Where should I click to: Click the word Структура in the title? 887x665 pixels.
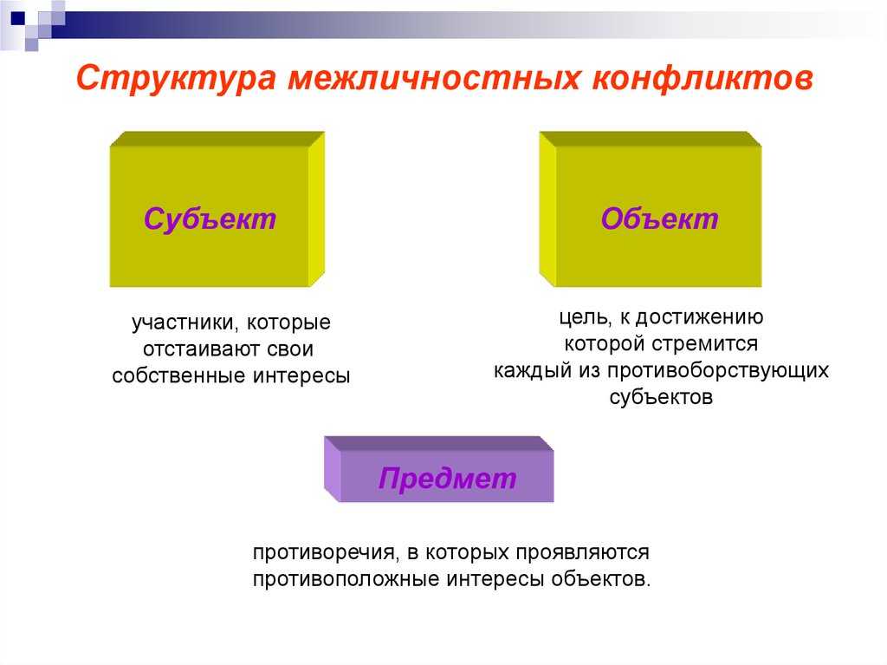(x=176, y=79)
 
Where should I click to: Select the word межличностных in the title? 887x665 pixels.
(x=434, y=78)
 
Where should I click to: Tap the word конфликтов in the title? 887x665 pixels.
(x=702, y=78)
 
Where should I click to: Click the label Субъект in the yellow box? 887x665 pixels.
(x=210, y=218)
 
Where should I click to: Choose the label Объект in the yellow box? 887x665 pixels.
(x=659, y=218)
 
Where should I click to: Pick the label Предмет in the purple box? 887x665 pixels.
(x=448, y=478)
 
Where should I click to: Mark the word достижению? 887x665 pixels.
(x=700, y=317)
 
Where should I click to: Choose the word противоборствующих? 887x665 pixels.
(x=718, y=370)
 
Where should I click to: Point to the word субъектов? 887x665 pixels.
(x=661, y=397)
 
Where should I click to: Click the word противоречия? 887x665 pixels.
(x=324, y=552)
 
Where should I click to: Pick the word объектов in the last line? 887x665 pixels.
(x=601, y=579)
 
